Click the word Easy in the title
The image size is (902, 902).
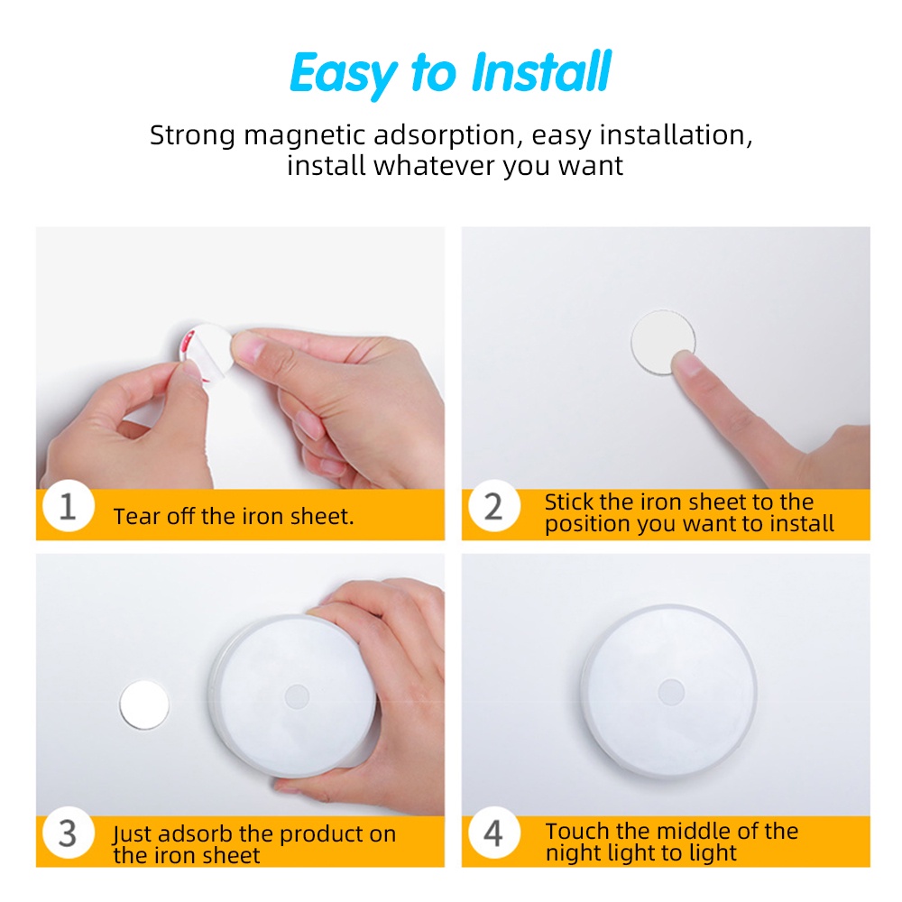[344, 74]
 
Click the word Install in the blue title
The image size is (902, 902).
[541, 71]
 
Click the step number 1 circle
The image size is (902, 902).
[69, 506]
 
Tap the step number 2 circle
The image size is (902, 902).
[494, 506]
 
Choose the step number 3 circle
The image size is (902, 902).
[69, 833]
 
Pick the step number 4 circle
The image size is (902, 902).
[494, 833]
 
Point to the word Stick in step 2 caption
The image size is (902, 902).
[569, 502]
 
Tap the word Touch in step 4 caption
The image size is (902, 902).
[577, 832]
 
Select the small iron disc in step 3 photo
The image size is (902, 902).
[144, 705]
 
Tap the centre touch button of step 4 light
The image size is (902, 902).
[671, 692]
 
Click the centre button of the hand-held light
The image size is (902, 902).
[297, 696]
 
